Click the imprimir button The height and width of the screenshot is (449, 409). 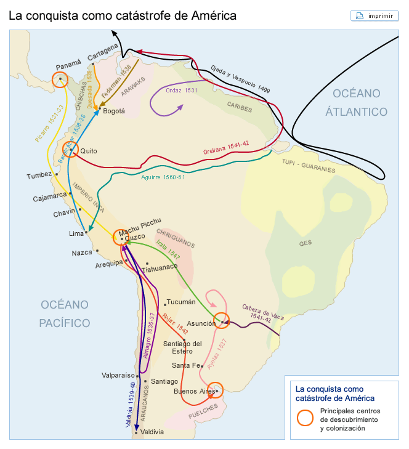(374, 15)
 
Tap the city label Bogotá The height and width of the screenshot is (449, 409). (114, 111)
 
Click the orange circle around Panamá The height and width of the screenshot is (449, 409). (60, 79)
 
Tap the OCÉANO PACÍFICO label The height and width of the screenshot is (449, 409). (65, 313)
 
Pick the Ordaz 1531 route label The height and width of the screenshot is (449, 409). (182, 90)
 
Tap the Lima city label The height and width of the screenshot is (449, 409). (75, 234)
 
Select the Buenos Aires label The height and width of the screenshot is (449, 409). (193, 391)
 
